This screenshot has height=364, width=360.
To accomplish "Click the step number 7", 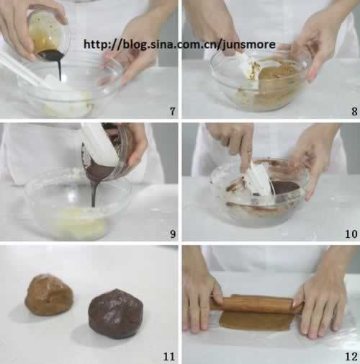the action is point(173,111).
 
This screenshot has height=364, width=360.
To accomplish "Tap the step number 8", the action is point(354,112).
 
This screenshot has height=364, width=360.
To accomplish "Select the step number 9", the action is point(173,234).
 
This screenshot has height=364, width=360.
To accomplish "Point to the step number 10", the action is point(351,234).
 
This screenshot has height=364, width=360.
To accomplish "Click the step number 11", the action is point(169,357).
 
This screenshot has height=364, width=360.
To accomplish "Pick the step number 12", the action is point(351,357).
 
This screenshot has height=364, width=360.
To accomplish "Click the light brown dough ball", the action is point(49,294).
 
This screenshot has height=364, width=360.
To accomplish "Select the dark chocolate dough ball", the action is point(115,314).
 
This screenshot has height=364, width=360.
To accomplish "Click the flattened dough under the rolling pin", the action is point(256,321).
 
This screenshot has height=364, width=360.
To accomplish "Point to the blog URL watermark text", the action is point(179,45).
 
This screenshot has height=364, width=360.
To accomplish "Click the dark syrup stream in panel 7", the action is point(60,68).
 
